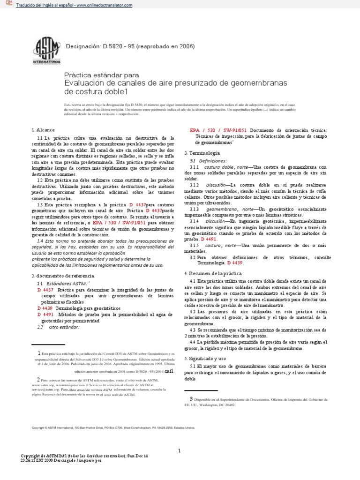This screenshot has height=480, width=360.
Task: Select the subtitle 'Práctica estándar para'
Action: [x=101, y=75]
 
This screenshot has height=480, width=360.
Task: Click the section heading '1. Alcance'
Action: [x=43, y=129]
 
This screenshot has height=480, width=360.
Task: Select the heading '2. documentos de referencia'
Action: [x=63, y=276]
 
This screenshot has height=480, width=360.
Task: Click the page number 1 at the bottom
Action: [x=180, y=437]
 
